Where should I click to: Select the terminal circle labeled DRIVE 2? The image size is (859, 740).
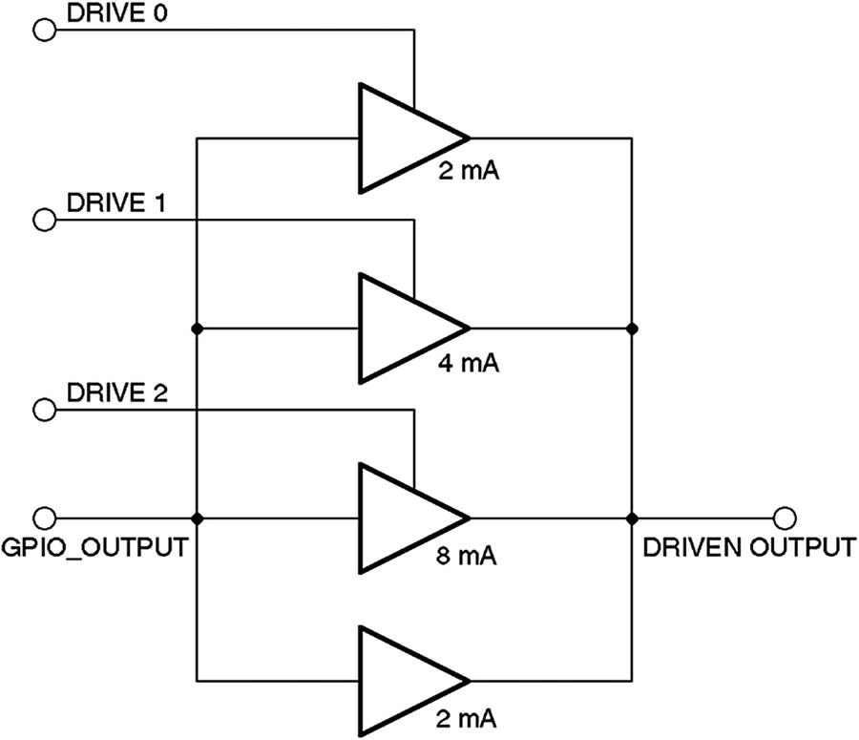43,411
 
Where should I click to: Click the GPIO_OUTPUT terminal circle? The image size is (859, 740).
43,518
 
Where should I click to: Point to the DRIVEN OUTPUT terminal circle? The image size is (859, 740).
785,518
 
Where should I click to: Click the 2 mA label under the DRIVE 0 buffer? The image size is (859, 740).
469,174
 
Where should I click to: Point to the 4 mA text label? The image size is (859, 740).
469,364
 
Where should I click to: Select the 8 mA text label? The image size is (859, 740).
469,554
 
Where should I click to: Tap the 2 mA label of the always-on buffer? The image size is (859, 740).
469,716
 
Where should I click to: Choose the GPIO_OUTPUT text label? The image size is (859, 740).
93,548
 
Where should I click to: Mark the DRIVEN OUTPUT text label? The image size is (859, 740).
748,548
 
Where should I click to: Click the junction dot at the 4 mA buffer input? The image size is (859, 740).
196,328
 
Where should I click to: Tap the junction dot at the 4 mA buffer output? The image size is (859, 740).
631,328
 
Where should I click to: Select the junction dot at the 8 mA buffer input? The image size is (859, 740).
196,518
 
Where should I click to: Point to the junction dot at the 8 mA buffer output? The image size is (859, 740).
631,518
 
